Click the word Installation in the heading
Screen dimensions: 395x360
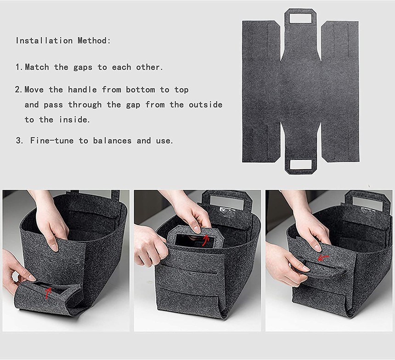44,40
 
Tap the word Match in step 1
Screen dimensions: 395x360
37,67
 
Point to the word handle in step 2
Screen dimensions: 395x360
82,90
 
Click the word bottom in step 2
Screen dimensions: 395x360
140,90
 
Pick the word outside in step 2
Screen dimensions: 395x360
206,105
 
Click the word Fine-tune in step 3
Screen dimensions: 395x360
51,141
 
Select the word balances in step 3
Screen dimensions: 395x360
112,141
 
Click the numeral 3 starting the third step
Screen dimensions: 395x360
18,141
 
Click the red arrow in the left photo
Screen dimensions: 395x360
48,293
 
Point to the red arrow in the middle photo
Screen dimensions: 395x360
205,240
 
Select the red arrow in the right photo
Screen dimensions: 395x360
323,258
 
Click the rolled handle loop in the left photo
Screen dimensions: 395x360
48,297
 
